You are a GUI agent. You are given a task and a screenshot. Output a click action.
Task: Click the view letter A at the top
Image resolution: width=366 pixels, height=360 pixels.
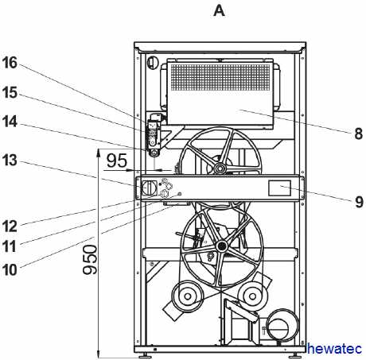point(219,11)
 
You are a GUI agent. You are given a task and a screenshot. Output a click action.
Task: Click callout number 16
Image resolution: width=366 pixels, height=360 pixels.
point(10,63)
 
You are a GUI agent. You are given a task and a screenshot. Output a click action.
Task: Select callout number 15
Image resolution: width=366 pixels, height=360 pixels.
point(10,93)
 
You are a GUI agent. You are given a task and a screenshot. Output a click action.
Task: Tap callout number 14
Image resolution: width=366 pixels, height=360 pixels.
point(10,122)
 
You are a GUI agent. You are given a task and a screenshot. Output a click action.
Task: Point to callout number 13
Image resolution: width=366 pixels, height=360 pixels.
point(10,161)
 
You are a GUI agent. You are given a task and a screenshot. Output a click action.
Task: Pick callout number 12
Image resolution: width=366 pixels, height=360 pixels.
point(10,226)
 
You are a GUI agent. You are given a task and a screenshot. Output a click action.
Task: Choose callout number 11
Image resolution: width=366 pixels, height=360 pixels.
point(10,246)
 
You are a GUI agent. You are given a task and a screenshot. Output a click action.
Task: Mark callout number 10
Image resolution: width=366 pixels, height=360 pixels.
point(10,270)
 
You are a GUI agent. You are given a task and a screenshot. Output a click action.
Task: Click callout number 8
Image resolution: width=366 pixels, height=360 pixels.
point(358,134)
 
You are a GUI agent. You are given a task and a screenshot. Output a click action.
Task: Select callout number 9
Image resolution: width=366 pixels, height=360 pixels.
point(359,202)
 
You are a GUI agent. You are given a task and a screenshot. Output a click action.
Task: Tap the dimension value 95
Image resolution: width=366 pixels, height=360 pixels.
point(117,161)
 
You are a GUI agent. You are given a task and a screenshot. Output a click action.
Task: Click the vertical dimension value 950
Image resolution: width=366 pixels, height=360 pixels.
point(90,260)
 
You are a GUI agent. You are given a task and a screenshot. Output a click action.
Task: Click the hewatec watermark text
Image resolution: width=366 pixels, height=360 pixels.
point(334,348)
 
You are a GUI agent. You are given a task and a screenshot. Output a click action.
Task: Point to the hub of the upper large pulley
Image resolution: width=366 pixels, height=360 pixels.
point(220,168)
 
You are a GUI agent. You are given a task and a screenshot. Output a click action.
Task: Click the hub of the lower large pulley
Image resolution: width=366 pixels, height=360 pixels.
point(221,246)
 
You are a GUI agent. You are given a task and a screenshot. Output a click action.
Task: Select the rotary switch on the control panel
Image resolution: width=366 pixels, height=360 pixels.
point(149,188)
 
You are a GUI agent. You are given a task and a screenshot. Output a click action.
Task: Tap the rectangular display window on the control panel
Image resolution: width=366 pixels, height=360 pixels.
point(279,188)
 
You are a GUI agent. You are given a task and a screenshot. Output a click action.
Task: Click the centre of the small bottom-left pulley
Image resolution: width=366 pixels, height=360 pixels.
point(188,296)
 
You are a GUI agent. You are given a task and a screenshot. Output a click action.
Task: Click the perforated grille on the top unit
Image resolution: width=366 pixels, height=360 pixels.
point(220,77)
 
